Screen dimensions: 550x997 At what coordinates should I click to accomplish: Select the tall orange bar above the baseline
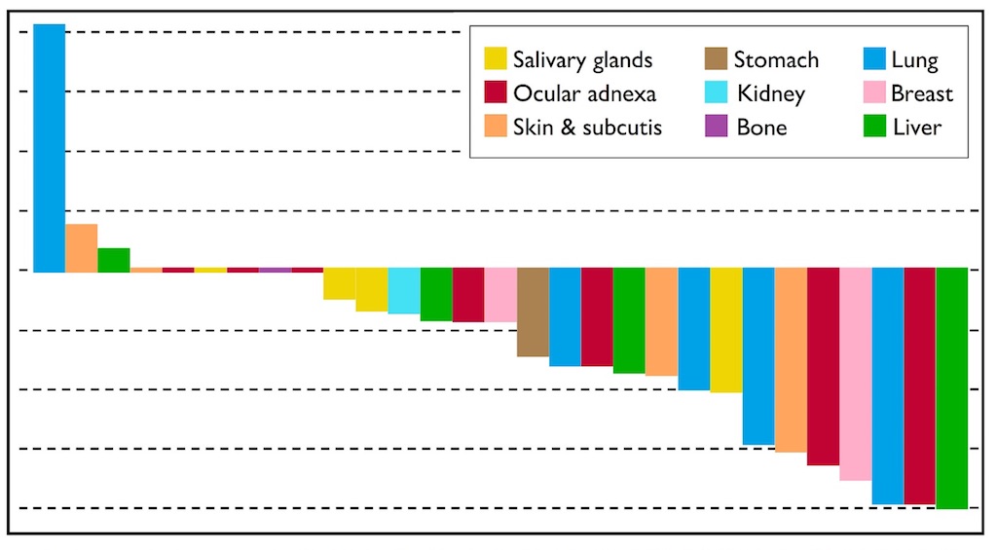[81, 247]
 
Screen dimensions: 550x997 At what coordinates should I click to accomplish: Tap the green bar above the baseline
[113, 259]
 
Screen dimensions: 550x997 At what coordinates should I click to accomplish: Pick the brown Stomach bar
[532, 312]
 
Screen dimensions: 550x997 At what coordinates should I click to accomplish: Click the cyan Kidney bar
[403, 291]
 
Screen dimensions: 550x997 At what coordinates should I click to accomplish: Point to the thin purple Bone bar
[275, 270]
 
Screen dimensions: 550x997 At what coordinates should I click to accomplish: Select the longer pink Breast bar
[855, 375]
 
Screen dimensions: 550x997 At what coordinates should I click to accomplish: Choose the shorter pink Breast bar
[499, 295]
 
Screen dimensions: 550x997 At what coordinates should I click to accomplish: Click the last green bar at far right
[951, 388]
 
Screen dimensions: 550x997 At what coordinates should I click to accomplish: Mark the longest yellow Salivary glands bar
[725, 331]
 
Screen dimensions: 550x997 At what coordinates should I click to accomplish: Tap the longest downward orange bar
[790, 360]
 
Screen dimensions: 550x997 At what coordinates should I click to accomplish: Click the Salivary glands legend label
[583, 60]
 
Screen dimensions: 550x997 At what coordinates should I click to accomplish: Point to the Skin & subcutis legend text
[587, 127]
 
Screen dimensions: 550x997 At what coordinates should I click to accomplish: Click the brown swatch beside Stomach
[717, 60]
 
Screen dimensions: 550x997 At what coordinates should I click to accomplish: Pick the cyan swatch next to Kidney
[717, 93]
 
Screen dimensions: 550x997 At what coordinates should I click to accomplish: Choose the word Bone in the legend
[761, 127]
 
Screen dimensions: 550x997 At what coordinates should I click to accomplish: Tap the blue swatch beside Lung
[873, 60]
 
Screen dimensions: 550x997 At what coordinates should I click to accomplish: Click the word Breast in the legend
[921, 93]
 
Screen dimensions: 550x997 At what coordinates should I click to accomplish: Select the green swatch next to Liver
[873, 127]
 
